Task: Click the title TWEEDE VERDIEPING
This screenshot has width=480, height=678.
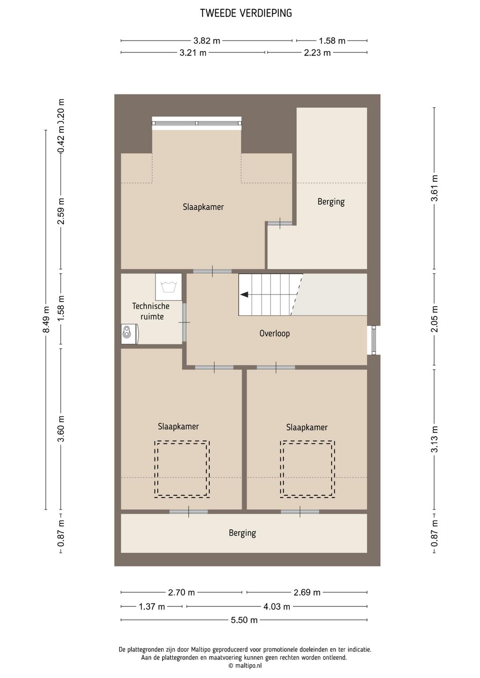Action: tap(246, 13)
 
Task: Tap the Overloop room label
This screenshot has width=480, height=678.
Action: tap(274, 333)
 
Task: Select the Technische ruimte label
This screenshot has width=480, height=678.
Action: tap(151, 311)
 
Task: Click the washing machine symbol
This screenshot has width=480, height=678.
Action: tap(169, 287)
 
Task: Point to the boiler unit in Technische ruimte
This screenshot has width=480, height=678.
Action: tap(130, 334)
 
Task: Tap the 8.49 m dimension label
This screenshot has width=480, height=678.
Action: tap(46, 319)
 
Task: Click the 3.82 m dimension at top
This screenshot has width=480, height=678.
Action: tap(207, 40)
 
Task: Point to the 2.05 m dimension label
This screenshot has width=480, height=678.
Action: tap(434, 319)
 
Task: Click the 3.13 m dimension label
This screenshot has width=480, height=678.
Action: tap(434, 439)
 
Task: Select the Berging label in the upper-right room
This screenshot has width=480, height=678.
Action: tap(331, 202)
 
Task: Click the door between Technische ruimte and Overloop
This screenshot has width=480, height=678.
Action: tap(184, 323)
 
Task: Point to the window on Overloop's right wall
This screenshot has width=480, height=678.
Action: tap(374, 340)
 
